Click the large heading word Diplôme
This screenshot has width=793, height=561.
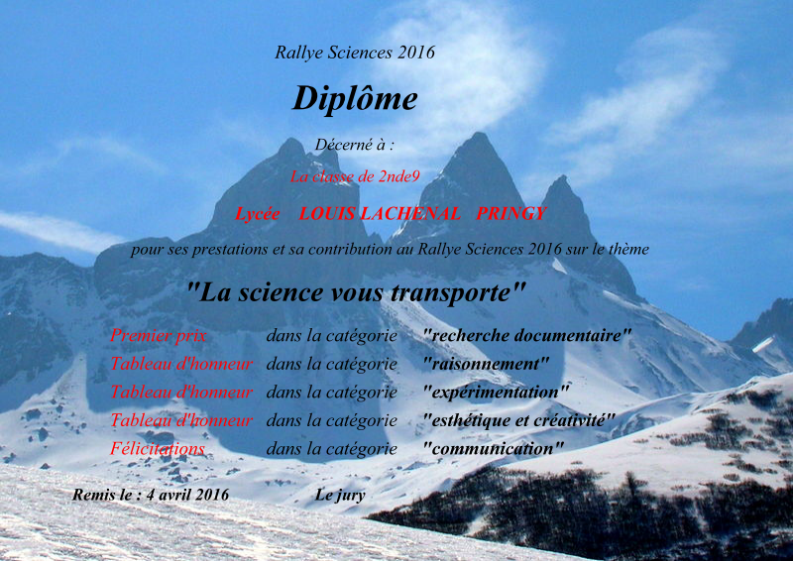click(355, 98)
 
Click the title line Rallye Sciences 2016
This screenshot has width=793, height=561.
click(355, 53)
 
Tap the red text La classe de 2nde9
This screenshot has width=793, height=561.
click(355, 176)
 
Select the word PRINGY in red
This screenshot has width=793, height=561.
click(510, 213)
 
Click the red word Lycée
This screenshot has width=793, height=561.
click(258, 214)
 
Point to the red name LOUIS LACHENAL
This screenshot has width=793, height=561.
click(380, 213)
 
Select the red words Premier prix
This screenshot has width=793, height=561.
click(159, 335)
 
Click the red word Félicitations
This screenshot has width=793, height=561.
click(158, 449)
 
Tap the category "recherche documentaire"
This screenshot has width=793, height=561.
click(527, 335)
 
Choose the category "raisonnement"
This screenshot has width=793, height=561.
click(486, 364)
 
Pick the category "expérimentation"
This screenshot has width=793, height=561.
click(496, 393)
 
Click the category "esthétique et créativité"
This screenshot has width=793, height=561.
click(518, 420)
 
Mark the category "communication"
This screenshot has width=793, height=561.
click(493, 449)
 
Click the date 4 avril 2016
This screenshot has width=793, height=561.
click(187, 495)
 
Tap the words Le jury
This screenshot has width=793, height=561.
click(340, 495)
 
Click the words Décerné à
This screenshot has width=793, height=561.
click(350, 145)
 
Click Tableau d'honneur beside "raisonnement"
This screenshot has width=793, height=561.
click(181, 364)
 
